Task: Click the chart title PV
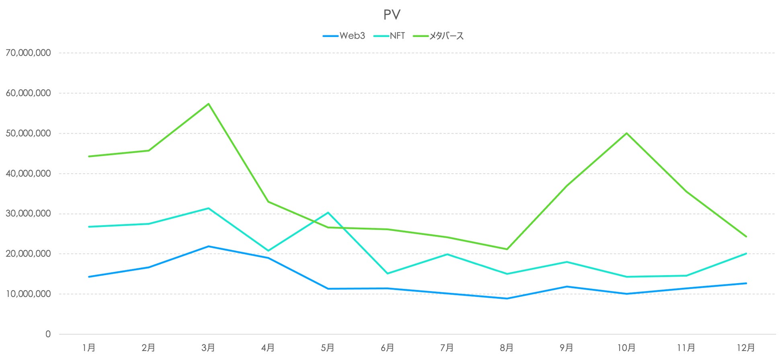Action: (x=392, y=15)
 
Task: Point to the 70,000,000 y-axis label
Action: (x=28, y=53)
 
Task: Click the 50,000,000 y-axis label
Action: (x=28, y=133)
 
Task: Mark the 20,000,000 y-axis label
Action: (x=28, y=254)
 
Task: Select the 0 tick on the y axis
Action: (x=48, y=334)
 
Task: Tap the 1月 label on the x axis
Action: (x=88, y=348)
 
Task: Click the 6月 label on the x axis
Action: (x=387, y=348)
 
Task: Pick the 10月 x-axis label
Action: (x=626, y=348)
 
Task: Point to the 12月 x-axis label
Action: (x=746, y=348)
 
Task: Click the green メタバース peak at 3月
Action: (x=208, y=104)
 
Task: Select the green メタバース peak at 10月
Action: (x=626, y=133)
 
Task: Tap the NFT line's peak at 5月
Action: (x=328, y=212)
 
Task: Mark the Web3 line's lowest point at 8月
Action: (x=507, y=298)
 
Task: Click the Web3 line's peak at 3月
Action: (x=208, y=246)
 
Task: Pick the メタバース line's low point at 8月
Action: (x=507, y=249)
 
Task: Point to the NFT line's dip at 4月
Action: (x=268, y=251)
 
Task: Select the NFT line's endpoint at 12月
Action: (x=746, y=253)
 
